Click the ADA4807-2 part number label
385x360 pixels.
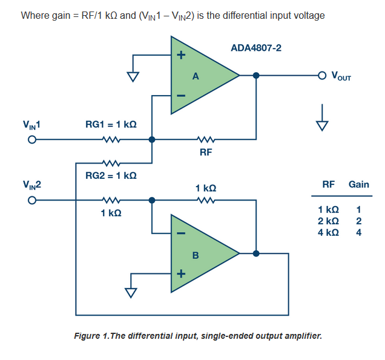[x=256, y=48]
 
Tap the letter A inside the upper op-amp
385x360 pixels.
[x=196, y=76]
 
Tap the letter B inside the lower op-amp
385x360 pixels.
[x=196, y=255]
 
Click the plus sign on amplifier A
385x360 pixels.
[x=181, y=55]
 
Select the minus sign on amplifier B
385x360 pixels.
[x=181, y=233]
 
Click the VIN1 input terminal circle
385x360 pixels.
[x=32, y=139]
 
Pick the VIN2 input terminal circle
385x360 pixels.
[x=32, y=201]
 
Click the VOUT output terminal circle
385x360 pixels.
[x=322, y=76]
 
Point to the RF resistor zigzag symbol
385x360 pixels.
[x=206, y=139]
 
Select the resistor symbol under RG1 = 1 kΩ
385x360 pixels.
[x=111, y=139]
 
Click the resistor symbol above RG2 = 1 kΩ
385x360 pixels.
[x=111, y=163]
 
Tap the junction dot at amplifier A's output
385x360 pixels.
[x=256, y=76]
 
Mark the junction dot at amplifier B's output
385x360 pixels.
[x=256, y=253]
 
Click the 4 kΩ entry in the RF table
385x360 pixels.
[x=328, y=232]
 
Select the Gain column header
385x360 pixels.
[x=359, y=184]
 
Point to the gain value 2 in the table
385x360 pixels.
[x=359, y=221]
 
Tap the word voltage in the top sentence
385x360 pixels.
[x=309, y=16]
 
